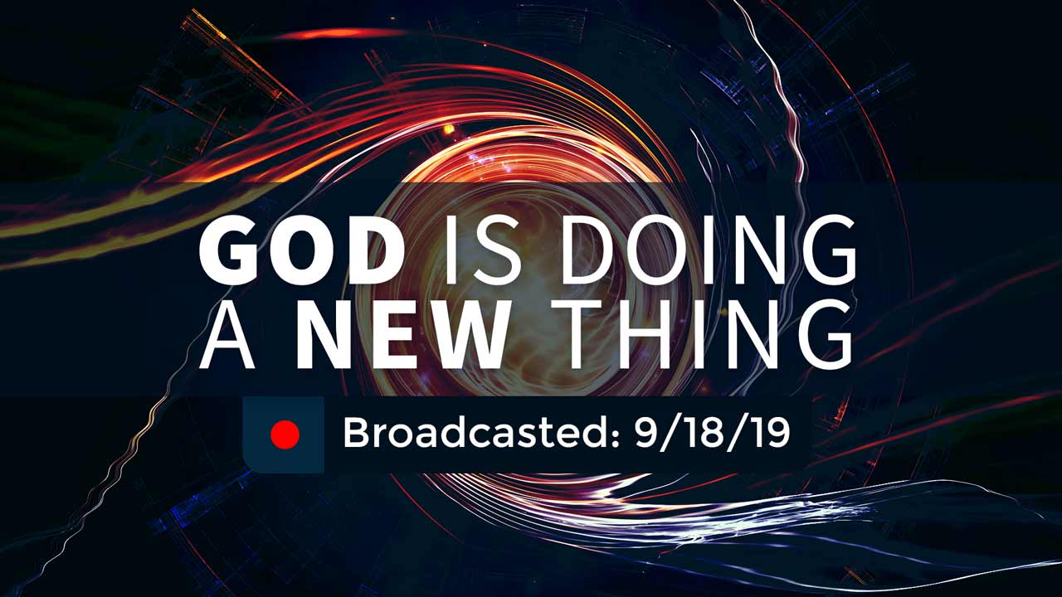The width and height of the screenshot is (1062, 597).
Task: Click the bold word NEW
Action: (x=401, y=334)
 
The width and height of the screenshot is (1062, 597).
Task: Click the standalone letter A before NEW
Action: (x=227, y=334)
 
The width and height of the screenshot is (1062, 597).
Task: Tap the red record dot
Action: (x=285, y=434)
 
